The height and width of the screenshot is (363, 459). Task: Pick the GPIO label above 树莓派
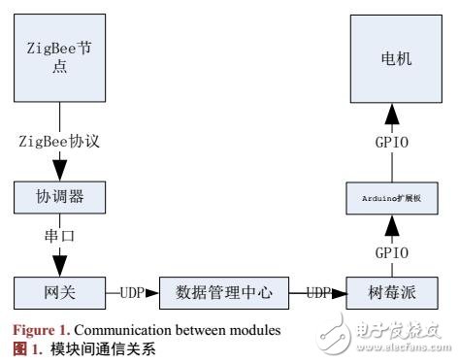395,250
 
